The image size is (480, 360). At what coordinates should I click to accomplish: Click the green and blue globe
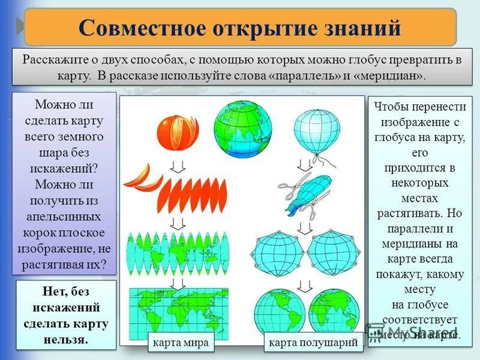coord(242,125)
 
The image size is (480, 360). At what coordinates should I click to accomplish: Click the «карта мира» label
coord(181,343)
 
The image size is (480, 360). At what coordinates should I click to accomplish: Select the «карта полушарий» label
coord(313,343)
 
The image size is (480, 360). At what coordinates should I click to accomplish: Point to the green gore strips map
coord(178,252)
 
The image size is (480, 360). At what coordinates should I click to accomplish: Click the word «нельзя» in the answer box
coord(66,339)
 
